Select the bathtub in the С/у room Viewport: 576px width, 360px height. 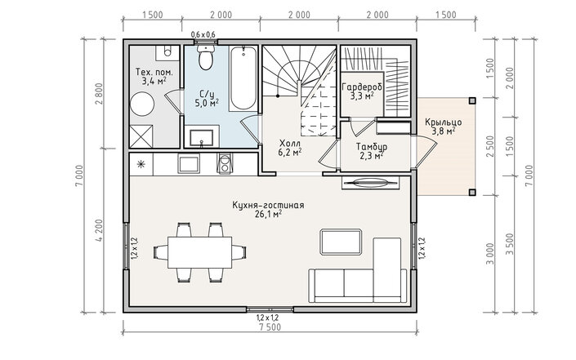[x=243, y=78]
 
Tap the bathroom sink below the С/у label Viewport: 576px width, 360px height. [x=201, y=137]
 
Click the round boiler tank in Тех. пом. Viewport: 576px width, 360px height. [x=142, y=104]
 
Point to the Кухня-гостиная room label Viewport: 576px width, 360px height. [x=268, y=209]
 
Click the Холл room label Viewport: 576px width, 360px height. [x=290, y=148]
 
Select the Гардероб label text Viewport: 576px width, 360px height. [x=362, y=87]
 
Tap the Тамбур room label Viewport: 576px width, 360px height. [x=372, y=151]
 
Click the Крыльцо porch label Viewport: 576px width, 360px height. [x=444, y=127]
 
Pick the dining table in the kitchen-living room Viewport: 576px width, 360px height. [x=200, y=252]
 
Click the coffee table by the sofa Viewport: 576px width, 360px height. [x=341, y=242]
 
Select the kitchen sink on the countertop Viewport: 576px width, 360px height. [x=189, y=163]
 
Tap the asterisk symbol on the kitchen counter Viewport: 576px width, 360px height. [x=141, y=164]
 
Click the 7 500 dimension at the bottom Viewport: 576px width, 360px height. [x=270, y=327]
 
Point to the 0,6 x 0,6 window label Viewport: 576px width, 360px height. [x=203, y=34]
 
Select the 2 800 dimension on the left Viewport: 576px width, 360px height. [x=100, y=94]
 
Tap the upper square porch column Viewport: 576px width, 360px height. [x=472, y=100]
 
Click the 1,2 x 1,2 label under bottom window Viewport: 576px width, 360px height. [x=267, y=317]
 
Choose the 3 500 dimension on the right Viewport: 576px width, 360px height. [x=511, y=244]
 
